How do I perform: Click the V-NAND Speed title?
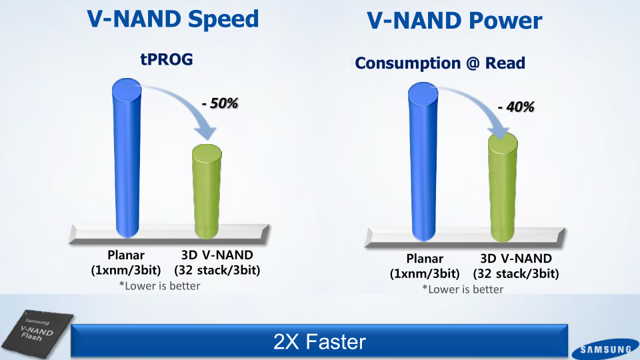[x=173, y=19]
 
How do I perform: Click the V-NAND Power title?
[x=454, y=21]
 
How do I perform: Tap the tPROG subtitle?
[x=167, y=59]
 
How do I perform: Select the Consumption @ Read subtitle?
[x=440, y=63]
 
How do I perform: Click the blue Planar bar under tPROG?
[x=127, y=158]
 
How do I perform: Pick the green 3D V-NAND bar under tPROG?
[x=207, y=191]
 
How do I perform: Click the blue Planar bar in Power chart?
[x=423, y=161]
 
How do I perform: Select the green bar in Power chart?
[x=503, y=187]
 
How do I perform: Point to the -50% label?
[x=220, y=103]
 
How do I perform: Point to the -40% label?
[x=516, y=107]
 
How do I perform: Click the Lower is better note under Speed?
[x=159, y=286]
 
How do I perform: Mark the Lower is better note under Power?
[x=463, y=289]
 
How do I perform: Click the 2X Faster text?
[x=319, y=341]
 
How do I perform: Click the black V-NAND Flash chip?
[x=37, y=333]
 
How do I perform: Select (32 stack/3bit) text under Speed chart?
[x=217, y=270]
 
